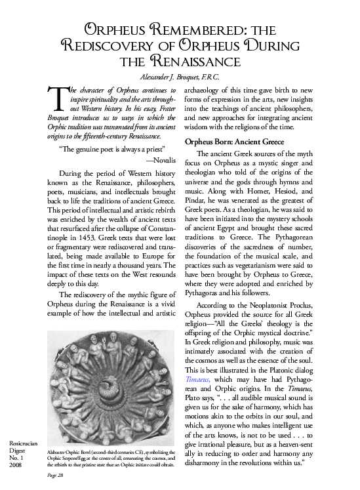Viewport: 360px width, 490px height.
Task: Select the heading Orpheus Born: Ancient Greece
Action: [239, 141]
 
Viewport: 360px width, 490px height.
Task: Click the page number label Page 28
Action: [58, 482]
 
